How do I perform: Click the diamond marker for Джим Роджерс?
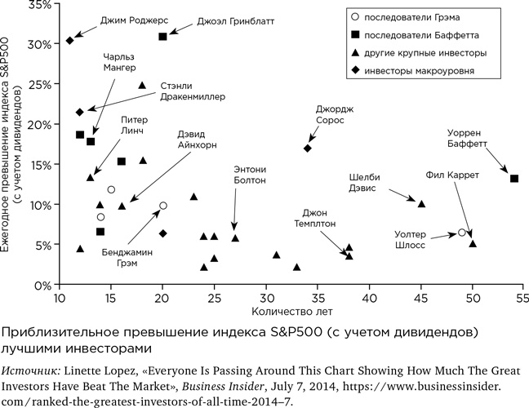click(70, 40)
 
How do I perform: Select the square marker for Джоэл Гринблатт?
click(163, 37)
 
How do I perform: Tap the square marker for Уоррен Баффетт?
click(514, 179)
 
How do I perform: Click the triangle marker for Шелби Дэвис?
click(422, 203)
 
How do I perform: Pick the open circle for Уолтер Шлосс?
click(462, 233)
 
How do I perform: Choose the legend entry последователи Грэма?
click(421, 16)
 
